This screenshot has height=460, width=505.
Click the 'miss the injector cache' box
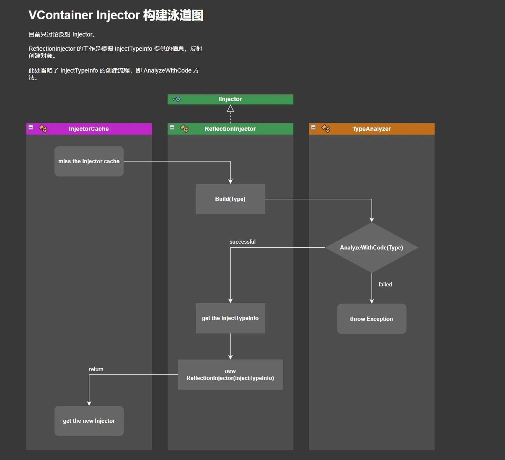pyautogui.click(x=89, y=161)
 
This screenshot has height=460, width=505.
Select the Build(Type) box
pyautogui.click(x=230, y=199)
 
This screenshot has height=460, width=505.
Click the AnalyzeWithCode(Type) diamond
pyautogui.click(x=371, y=248)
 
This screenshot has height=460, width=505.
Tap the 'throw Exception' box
pyautogui.click(x=371, y=319)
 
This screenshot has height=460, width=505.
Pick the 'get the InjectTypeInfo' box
pyautogui.click(x=230, y=318)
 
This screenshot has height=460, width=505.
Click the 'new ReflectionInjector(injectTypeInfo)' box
pyautogui.click(x=230, y=375)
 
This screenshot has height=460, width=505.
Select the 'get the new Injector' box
pyautogui.click(x=89, y=421)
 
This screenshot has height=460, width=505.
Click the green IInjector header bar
pyautogui.click(x=230, y=99)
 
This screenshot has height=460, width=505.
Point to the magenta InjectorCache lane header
pyautogui.click(x=89, y=129)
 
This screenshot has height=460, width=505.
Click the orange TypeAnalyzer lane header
pyautogui.click(x=371, y=129)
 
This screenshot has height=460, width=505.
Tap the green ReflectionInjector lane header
pyautogui.click(x=230, y=129)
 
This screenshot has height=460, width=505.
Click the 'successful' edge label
pyautogui.click(x=242, y=242)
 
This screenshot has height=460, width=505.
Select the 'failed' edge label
pyautogui.click(x=385, y=285)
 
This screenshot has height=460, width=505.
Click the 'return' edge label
pyautogui.click(x=96, y=369)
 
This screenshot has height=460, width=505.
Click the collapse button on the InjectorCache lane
pyautogui.click(x=31, y=127)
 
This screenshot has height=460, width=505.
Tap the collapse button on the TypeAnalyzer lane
pyautogui.click(x=313, y=127)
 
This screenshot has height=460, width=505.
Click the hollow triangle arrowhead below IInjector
pyautogui.click(x=230, y=109)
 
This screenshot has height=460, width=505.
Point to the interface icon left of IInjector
pyautogui.click(x=176, y=99)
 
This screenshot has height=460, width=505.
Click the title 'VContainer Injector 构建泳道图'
pyautogui.click(x=116, y=16)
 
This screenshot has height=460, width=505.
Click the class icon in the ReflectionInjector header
pyautogui.click(x=184, y=128)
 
